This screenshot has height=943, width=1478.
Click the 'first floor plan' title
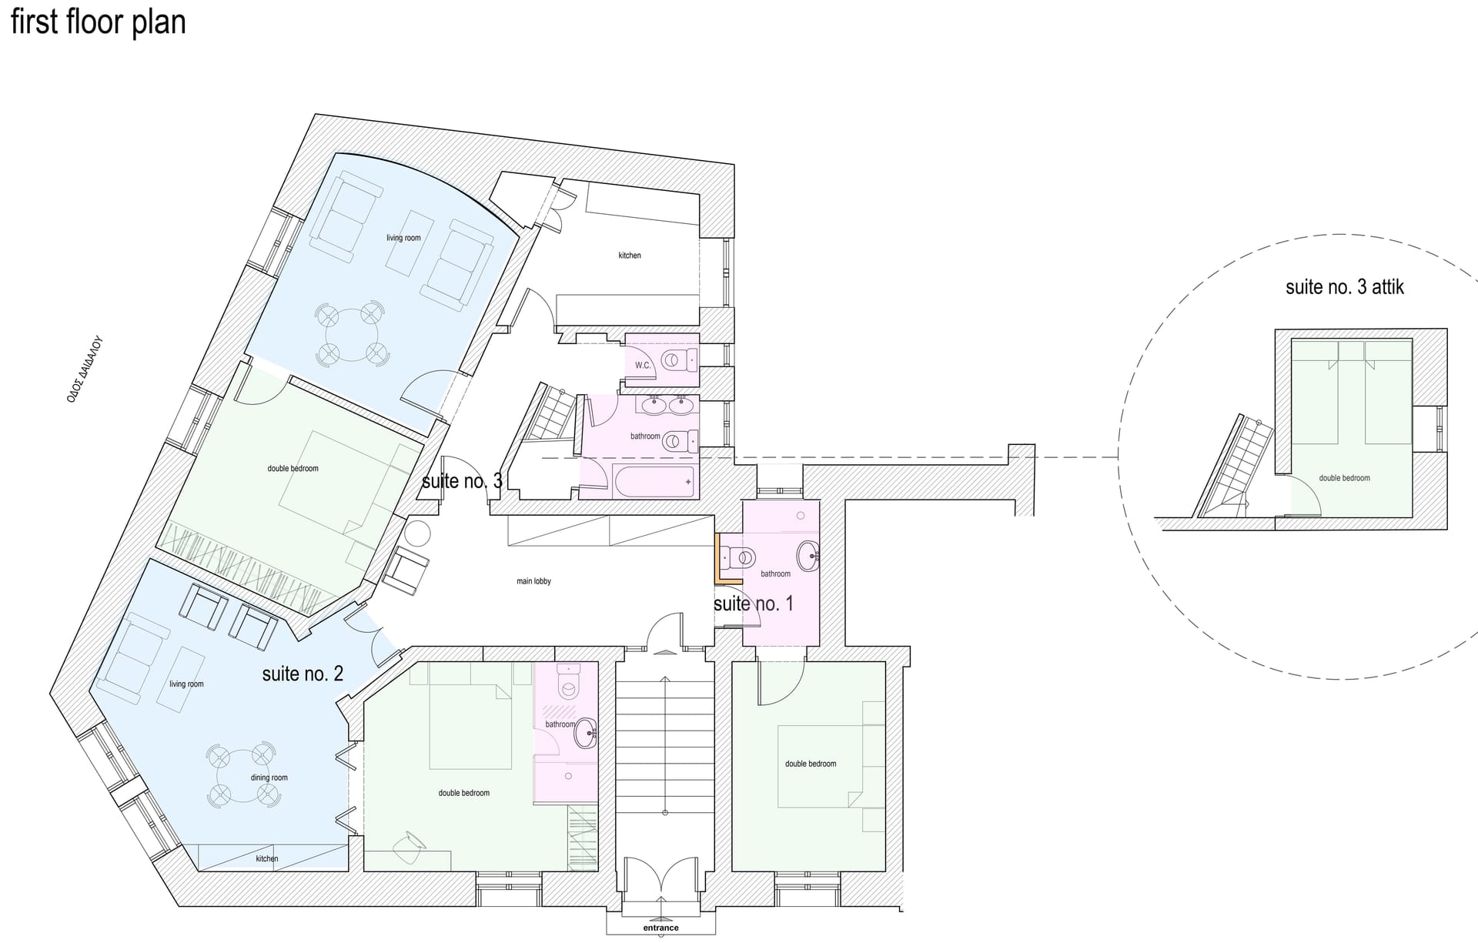(x=98, y=22)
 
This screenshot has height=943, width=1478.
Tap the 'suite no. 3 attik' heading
(x=1345, y=287)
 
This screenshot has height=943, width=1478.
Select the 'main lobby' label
(x=533, y=581)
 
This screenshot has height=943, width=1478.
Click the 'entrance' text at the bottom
(x=660, y=928)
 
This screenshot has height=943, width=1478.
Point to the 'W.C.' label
(x=643, y=365)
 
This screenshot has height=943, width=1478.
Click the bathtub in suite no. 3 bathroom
(x=654, y=481)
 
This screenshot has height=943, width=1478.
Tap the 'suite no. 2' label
(x=303, y=674)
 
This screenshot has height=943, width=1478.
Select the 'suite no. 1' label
(x=753, y=604)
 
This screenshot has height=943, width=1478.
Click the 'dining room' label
(x=269, y=777)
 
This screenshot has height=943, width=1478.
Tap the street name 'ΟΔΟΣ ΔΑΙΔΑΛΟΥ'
(x=85, y=370)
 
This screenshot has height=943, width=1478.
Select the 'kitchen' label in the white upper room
(x=630, y=255)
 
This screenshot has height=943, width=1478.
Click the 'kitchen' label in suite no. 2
(x=267, y=858)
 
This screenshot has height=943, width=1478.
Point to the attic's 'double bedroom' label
(x=1344, y=478)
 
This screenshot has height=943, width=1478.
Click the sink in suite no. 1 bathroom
(x=808, y=554)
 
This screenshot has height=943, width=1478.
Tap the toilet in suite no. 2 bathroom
(x=569, y=682)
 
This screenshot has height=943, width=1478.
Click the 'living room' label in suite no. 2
(x=186, y=684)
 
